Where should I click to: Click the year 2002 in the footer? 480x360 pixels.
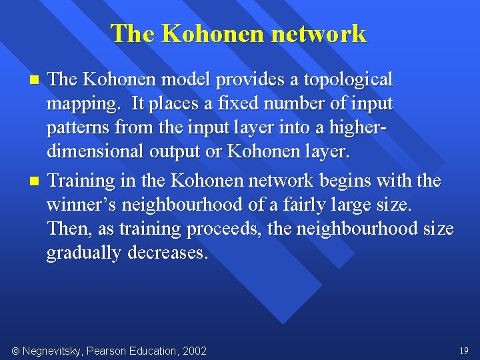[193, 351]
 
